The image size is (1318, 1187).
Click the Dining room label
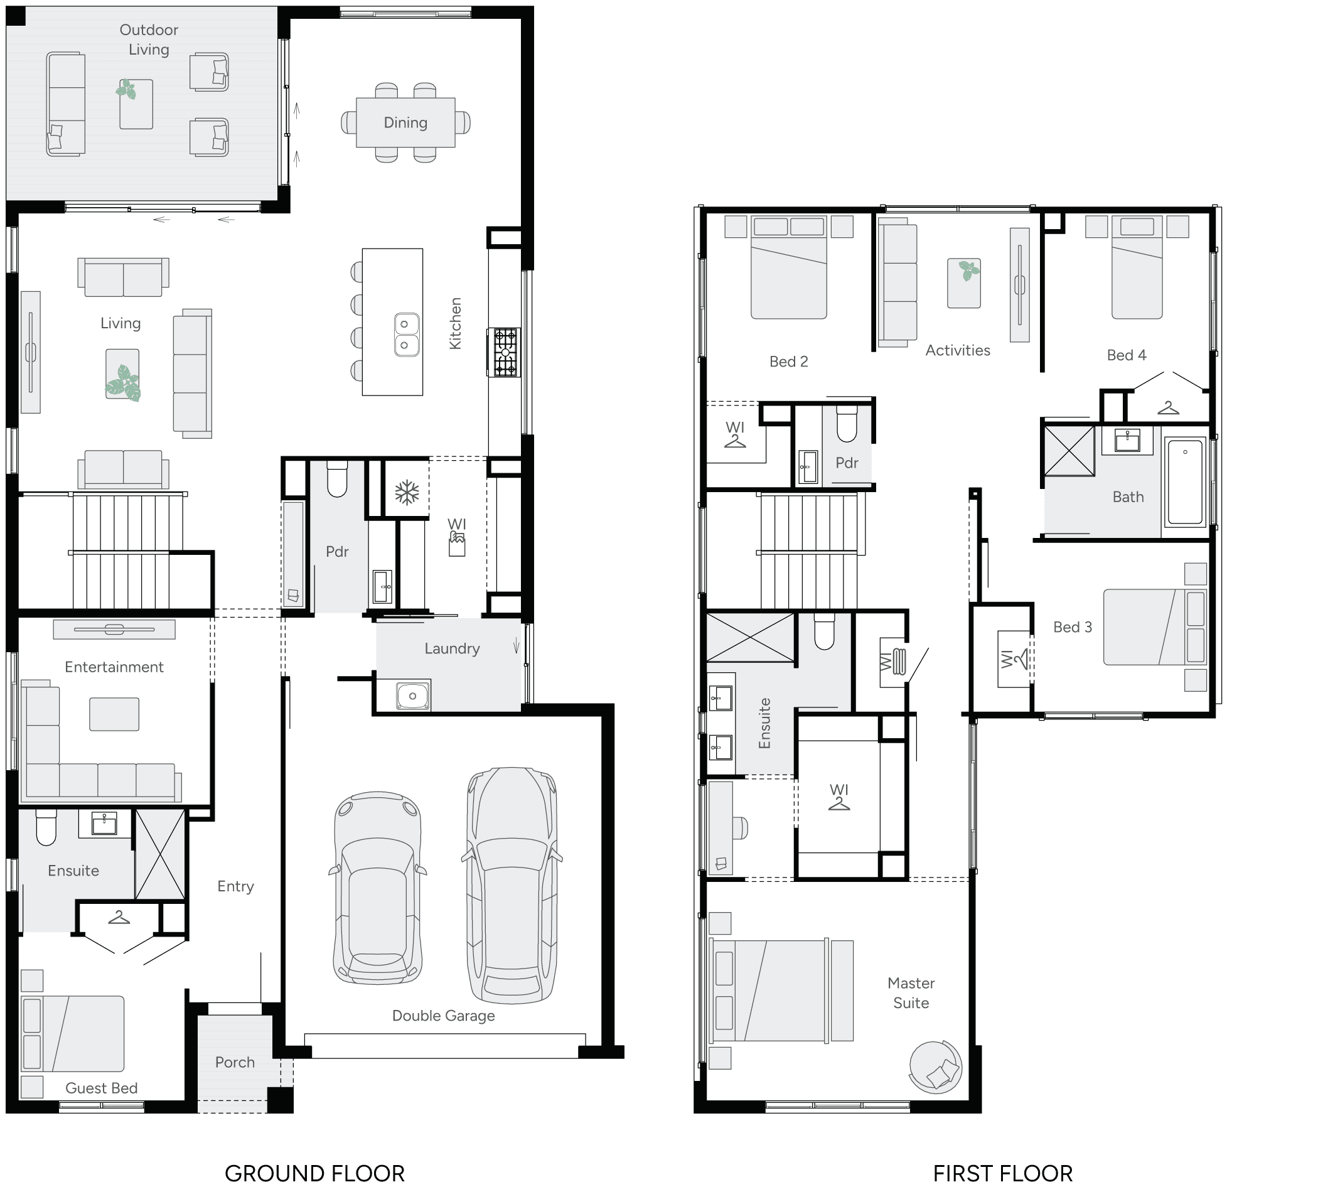(405, 122)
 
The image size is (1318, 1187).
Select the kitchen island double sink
(406, 335)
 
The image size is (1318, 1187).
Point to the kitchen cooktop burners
(505, 352)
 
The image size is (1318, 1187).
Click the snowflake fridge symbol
(407, 492)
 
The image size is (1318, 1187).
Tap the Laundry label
(452, 648)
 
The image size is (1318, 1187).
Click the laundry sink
(412, 696)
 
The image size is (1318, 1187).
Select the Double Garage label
(444, 1016)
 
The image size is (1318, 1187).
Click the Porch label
(235, 1062)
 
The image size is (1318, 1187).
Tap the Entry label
(235, 886)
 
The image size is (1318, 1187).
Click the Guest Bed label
(102, 1088)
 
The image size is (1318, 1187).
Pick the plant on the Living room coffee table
(123, 382)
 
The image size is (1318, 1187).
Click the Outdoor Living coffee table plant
(127, 89)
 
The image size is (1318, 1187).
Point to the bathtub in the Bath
(1185, 481)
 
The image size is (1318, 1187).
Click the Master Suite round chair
(935, 1067)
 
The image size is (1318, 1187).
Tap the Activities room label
(957, 350)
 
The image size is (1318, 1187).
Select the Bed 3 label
(1072, 626)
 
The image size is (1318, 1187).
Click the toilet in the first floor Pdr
(847, 424)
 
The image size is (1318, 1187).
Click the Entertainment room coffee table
(114, 714)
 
